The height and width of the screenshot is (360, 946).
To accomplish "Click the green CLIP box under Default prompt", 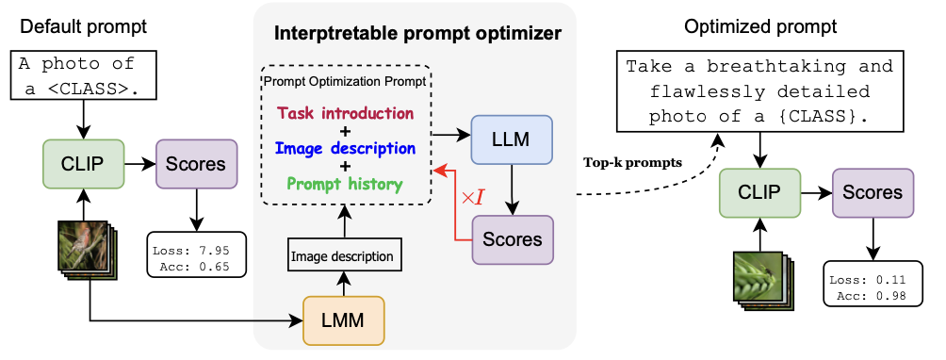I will [85, 164].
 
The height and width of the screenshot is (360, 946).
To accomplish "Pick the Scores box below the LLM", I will [512, 239].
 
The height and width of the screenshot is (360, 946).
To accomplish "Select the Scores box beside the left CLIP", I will [196, 164].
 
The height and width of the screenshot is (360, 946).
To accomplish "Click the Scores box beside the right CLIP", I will [872, 193].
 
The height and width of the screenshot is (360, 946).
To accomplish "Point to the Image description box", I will [345, 254].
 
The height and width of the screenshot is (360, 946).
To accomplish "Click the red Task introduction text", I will [345, 113].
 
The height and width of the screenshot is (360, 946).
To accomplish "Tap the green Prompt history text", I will [345, 184].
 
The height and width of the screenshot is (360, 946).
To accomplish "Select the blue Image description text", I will [345, 149].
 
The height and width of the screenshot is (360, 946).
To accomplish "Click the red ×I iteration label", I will [470, 198].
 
